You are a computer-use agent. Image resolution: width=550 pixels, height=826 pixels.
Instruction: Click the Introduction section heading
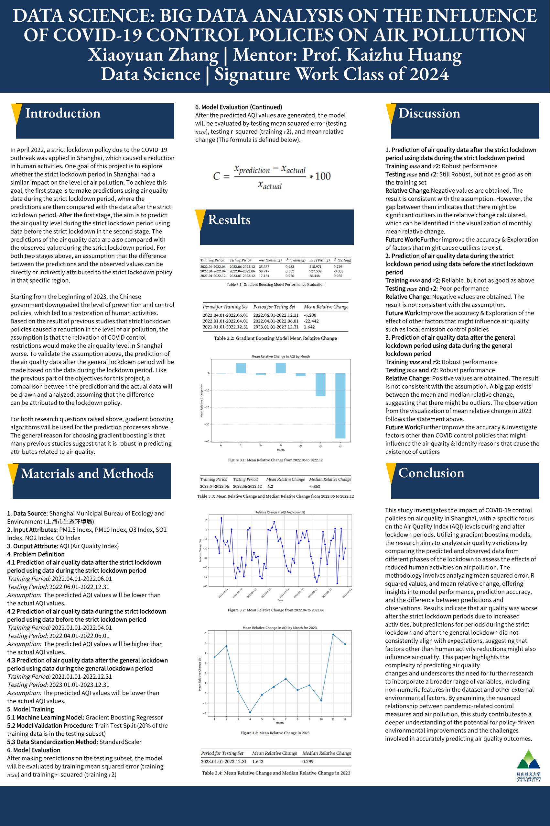[63, 113]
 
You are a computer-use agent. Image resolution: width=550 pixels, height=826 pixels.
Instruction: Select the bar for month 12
[340, 405]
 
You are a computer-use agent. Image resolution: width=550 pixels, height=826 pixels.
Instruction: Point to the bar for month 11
[320, 385]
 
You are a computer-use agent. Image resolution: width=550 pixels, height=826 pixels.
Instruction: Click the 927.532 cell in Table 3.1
[315, 271]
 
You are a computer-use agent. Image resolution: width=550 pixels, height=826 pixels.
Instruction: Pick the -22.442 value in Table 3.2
[311, 321]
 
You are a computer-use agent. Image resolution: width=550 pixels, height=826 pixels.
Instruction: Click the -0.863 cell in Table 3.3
[314, 486]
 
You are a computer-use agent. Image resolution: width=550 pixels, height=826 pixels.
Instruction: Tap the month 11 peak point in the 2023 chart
[333, 634]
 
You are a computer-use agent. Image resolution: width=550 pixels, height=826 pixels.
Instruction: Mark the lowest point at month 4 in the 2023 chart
[250, 712]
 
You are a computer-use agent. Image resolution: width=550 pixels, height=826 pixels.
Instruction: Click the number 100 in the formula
[323, 176]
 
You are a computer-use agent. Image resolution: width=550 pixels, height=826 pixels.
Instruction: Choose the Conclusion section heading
[431, 473]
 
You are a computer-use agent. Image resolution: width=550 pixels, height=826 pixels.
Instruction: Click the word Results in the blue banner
[229, 220]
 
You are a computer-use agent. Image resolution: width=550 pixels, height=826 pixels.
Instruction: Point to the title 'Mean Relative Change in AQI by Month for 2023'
[280, 628]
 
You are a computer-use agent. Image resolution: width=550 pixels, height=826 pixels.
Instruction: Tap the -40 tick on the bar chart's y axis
[207, 441]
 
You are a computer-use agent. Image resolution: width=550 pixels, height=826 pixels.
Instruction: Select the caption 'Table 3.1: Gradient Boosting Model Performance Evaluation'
[275, 285]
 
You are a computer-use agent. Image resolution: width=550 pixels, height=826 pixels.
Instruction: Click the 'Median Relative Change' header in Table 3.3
[330, 479]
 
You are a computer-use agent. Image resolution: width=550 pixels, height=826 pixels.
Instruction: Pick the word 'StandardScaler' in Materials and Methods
[120, 742]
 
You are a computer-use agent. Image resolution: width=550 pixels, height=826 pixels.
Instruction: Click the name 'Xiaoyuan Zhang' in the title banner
[153, 55]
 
